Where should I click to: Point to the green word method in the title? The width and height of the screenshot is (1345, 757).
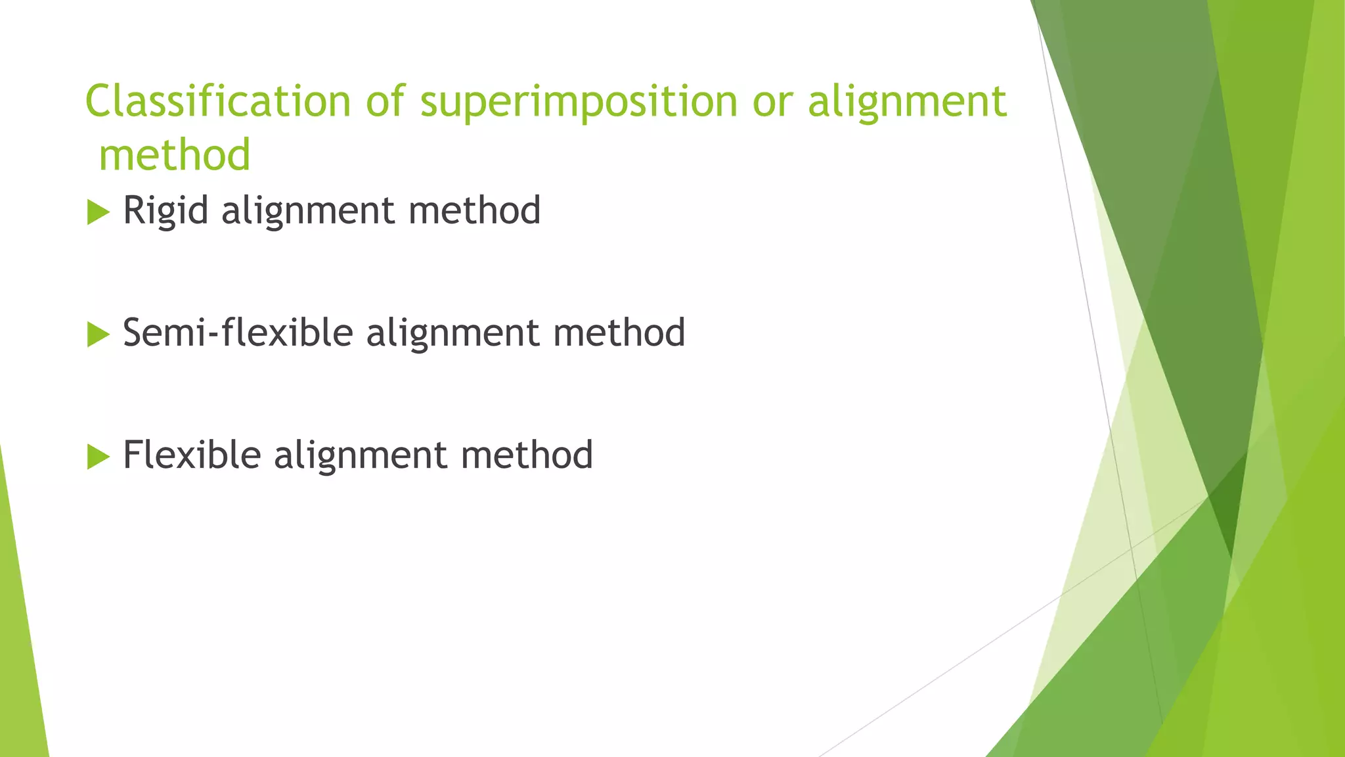tap(175, 155)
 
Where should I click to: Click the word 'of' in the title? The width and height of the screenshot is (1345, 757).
tap(386, 102)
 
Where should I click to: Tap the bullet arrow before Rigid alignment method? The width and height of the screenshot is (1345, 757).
tap(98, 212)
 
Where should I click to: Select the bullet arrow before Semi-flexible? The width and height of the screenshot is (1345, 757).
tap(98, 334)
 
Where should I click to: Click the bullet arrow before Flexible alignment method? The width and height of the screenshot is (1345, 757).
tap(98, 457)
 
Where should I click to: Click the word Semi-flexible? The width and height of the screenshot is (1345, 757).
tap(238, 333)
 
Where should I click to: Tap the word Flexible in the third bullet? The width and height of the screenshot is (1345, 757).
tap(192, 455)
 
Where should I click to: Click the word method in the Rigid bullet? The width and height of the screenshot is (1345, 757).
tap(474, 211)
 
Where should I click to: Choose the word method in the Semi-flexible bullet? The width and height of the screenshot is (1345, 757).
tap(619, 333)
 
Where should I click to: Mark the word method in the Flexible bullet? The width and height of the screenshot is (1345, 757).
tap(527, 455)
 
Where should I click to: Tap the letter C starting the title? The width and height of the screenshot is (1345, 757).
tap(98, 102)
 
